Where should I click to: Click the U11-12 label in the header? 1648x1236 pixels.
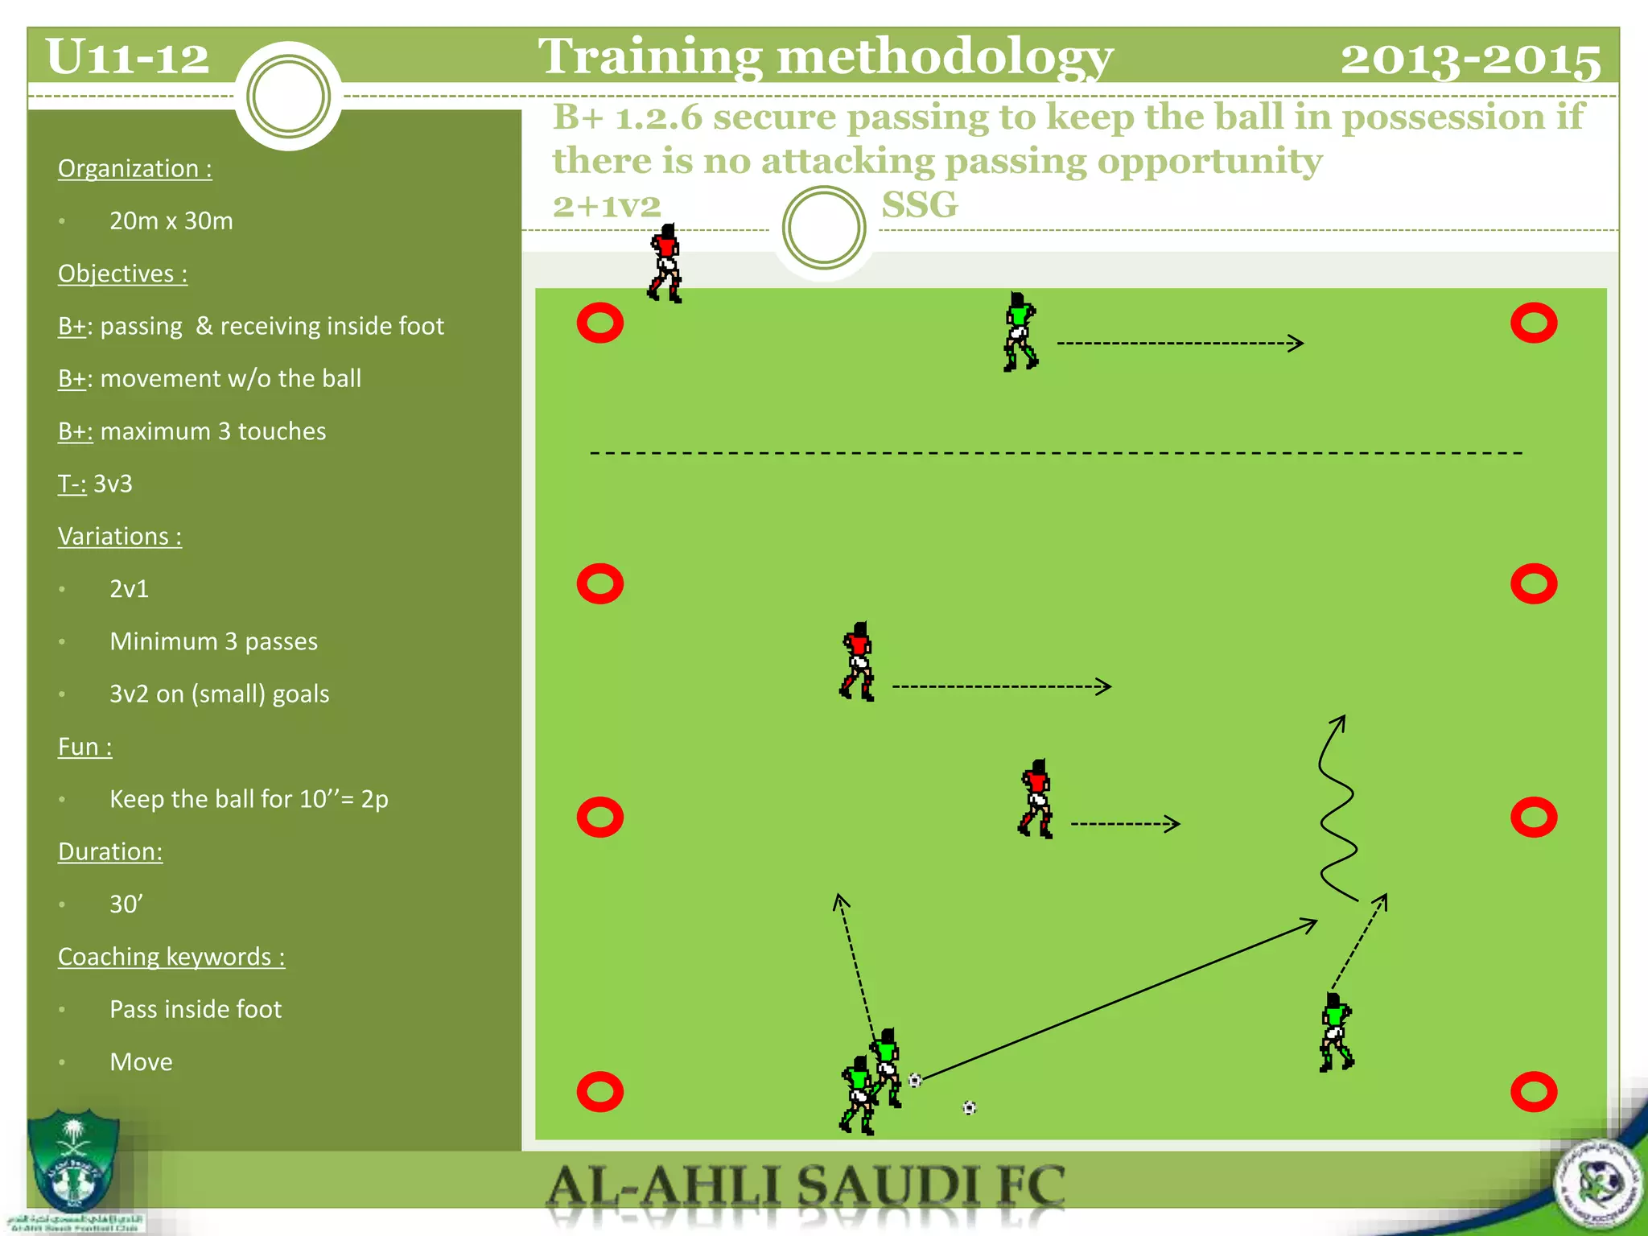tap(127, 58)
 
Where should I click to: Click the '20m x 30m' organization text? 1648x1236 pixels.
tap(171, 220)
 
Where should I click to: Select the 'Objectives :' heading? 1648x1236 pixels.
tap(122, 274)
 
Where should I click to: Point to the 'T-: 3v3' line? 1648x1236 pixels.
tap(95, 484)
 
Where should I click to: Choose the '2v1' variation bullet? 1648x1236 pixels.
tap(129, 589)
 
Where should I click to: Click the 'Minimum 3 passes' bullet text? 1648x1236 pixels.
tap(213, 641)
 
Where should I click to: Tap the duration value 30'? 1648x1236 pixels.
tap(126, 904)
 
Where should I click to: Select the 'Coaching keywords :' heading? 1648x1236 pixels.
tap(171, 957)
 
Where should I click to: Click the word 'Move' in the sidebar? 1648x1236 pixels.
tap(141, 1062)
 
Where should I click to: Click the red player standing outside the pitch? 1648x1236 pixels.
tap(665, 263)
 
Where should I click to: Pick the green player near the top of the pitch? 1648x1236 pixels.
tap(1020, 332)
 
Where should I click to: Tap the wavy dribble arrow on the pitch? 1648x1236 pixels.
tap(1337, 809)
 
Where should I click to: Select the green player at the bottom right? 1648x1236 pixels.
tap(1336, 1032)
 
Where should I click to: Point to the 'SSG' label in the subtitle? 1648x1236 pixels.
tap(920, 205)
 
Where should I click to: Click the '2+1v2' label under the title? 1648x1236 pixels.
tap(607, 206)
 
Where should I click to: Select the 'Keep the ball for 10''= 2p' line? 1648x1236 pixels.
tap(249, 799)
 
